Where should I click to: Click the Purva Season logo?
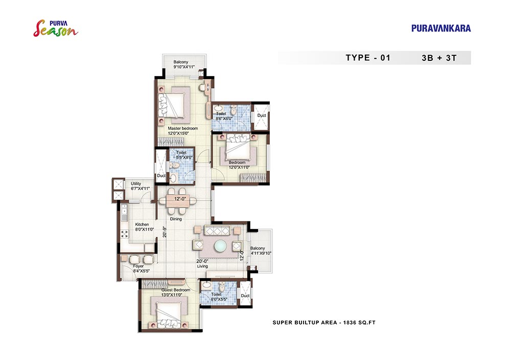pyautogui.click(x=56, y=28)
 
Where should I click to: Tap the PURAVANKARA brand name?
pyautogui.click(x=441, y=28)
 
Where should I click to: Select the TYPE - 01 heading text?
pyautogui.click(x=368, y=58)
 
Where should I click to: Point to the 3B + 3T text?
pyautogui.click(x=439, y=58)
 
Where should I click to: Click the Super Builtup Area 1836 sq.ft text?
pyautogui.click(x=324, y=323)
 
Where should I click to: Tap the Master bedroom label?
pyautogui.click(x=182, y=131)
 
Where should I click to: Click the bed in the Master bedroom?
pyautogui.click(x=172, y=104)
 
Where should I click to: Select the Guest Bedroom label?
pyautogui.click(x=176, y=292)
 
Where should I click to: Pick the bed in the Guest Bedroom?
pyautogui.click(x=169, y=315)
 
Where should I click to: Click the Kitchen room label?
pyautogui.click(x=144, y=227)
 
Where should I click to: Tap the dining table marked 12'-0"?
pyautogui.click(x=178, y=201)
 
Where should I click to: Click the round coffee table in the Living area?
pyautogui.click(x=220, y=245)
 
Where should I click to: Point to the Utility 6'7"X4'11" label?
pyautogui.click(x=140, y=186)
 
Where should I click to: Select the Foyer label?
pyautogui.click(x=141, y=268)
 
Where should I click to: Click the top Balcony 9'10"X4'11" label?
pyautogui.click(x=184, y=64)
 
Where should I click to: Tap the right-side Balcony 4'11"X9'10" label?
pyautogui.click(x=261, y=251)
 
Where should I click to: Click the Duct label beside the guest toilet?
pyautogui.click(x=245, y=296)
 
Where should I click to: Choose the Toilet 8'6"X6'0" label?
pyautogui.click(x=224, y=116)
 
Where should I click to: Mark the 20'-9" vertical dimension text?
pyautogui.click(x=165, y=232)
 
